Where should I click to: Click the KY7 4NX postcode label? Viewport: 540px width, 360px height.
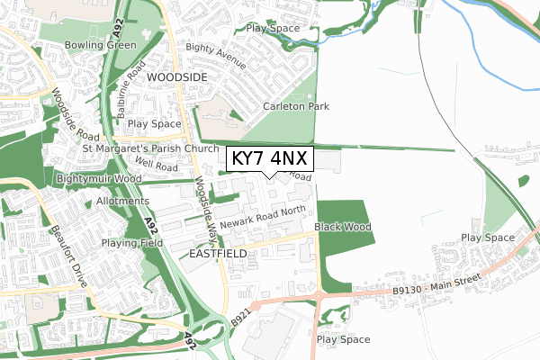click(x=269, y=159)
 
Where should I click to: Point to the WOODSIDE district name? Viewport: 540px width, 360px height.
click(x=176, y=77)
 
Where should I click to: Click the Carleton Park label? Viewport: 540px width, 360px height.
click(x=296, y=106)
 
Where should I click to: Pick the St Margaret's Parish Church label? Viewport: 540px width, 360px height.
click(x=150, y=148)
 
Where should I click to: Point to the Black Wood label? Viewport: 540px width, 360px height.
click(x=343, y=228)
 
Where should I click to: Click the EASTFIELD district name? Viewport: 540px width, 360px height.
click(x=219, y=255)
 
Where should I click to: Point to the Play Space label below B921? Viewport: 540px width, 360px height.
click(x=343, y=339)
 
